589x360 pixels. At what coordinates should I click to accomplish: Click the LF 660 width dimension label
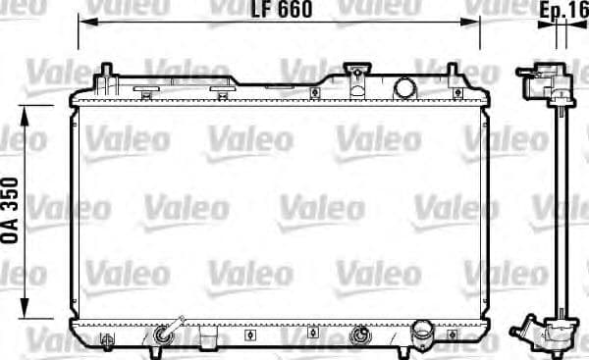click(281, 11)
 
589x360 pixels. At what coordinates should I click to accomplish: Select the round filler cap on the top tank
click(404, 87)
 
